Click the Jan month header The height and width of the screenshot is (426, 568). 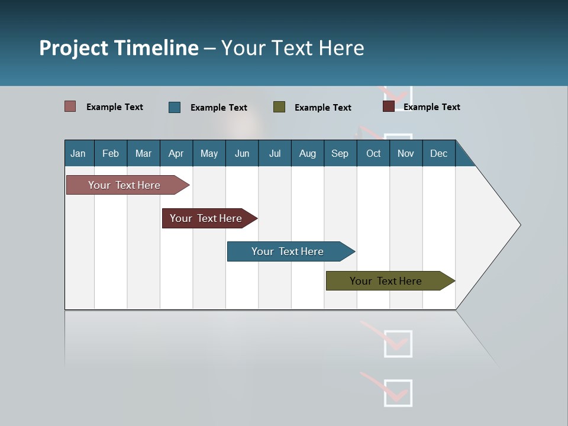(78, 153)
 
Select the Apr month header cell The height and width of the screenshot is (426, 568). (176, 153)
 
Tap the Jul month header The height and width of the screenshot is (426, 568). (275, 153)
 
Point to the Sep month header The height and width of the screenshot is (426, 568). (340, 153)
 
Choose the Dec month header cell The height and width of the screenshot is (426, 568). (438, 153)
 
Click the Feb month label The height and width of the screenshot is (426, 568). (111, 153)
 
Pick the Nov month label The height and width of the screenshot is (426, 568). (405, 153)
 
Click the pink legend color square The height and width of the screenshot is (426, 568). (70, 106)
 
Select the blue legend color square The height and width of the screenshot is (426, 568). (175, 107)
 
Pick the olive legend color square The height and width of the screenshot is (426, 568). (279, 107)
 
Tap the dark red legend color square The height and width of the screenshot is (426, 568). (389, 106)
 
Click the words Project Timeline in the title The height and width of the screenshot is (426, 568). (119, 48)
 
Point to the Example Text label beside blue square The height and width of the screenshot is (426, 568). (218, 108)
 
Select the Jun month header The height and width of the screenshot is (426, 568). (242, 153)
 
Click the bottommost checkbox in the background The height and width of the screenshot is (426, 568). (398, 393)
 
